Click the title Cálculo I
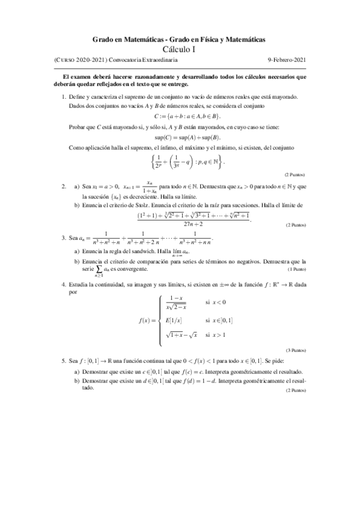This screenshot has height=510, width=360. coord(180,49)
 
